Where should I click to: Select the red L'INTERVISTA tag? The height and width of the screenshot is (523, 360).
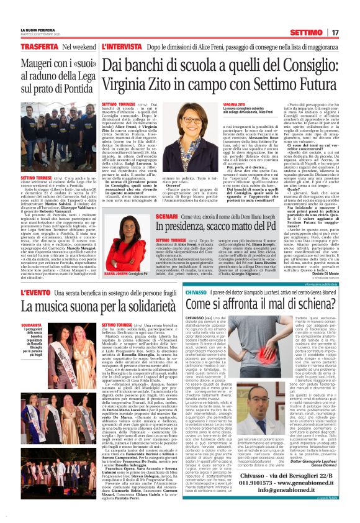(x=122, y=47)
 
